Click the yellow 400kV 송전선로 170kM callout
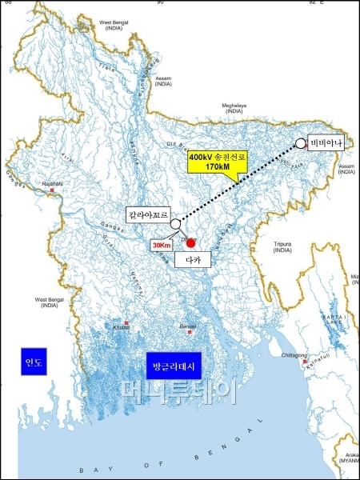(218, 163)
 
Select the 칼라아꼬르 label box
(149, 214)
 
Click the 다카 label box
(191, 260)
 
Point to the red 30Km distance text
(162, 245)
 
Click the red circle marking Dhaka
(191, 242)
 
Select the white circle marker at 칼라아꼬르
(175, 225)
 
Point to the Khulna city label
(121, 326)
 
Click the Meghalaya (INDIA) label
(234, 107)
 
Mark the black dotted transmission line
(240, 185)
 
